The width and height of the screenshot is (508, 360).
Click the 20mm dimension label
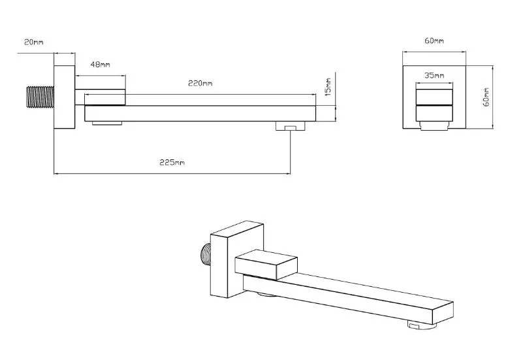tap(34, 42)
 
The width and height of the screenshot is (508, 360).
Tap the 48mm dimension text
tap(100, 65)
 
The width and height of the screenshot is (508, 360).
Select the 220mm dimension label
tap(200, 84)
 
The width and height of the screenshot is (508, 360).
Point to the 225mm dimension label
tap(172, 162)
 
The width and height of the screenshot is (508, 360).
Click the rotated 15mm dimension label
tap(328, 87)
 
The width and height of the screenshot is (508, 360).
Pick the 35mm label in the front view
tap(434, 75)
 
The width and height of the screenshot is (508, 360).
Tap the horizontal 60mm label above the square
tap(434, 41)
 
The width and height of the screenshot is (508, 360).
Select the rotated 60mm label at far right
tap(486, 97)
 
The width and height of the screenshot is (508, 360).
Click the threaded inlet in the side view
tap(40, 97)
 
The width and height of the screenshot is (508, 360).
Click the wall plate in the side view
tap(65, 97)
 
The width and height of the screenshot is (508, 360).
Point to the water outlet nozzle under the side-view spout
tap(291, 126)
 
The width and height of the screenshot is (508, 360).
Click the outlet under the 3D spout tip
tap(422, 324)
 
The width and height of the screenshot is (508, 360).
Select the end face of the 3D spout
tap(443, 313)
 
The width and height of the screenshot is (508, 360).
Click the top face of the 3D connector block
tap(266, 255)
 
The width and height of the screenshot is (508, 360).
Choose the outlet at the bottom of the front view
tap(434, 125)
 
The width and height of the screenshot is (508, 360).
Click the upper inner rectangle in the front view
tap(434, 97)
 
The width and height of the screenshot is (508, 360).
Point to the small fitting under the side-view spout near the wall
tap(107, 123)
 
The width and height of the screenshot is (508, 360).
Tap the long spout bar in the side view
tap(200, 114)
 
